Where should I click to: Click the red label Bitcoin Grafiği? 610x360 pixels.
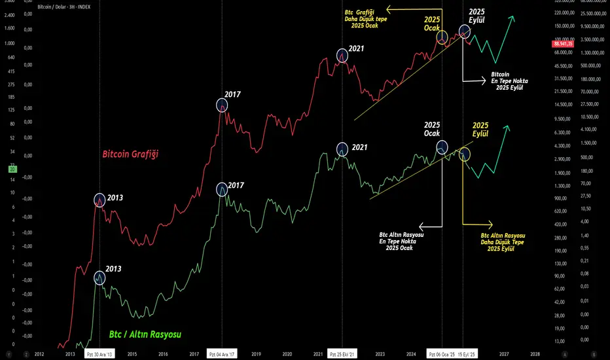(131, 154)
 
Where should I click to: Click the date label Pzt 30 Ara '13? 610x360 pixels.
(99, 353)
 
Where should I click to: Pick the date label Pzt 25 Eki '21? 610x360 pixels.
(342, 353)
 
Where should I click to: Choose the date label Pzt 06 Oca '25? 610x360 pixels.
(442, 353)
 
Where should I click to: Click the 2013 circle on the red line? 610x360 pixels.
(99, 200)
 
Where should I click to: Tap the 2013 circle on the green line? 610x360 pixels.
(99, 278)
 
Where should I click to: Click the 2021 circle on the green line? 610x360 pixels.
(342, 149)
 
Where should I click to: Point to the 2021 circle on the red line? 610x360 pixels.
(342, 56)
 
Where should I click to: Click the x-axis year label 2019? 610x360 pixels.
(257, 353)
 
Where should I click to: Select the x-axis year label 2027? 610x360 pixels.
(503, 353)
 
